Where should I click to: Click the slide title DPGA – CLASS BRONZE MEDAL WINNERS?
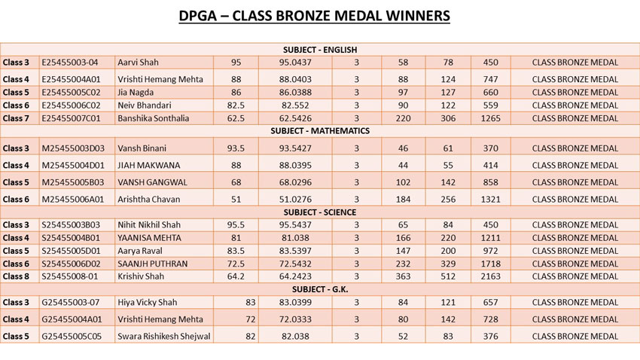tap(319, 16)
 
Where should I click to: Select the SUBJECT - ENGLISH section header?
tap(319, 50)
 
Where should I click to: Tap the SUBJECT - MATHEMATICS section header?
tap(319, 131)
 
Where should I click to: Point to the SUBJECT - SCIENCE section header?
tap(319, 212)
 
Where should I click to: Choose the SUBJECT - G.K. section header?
tap(319, 289)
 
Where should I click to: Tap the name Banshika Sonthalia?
tap(154, 118)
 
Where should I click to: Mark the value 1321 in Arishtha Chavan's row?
tap(490, 199)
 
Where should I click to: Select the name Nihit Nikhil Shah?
tap(149, 225)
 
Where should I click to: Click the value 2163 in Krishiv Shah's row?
tap(490, 276)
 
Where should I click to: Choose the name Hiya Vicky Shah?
tap(148, 303)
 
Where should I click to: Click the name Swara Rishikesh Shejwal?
tap(163, 336)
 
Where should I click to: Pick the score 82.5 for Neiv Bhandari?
tap(236, 105)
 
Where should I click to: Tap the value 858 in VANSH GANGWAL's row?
tap(490, 182)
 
